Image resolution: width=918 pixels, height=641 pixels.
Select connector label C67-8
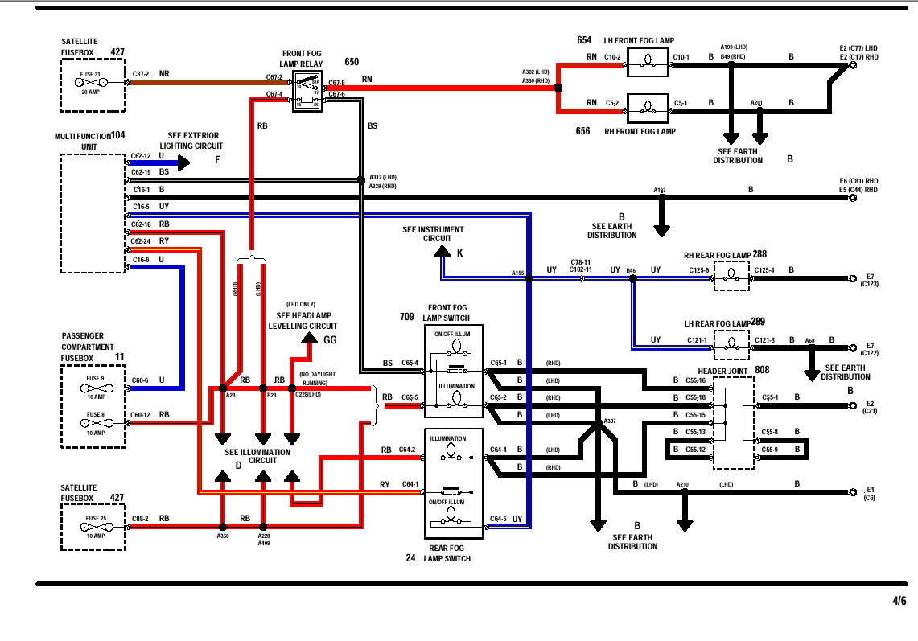point(336,83)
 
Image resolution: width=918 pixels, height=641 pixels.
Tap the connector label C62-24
point(141,240)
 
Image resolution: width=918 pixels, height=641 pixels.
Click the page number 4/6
point(899,601)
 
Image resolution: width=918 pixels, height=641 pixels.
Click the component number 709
point(407,317)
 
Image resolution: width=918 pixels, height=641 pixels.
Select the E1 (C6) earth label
point(870,493)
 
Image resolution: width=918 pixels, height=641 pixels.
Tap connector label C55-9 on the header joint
point(770,450)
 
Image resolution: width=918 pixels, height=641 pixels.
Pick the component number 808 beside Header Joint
point(762,370)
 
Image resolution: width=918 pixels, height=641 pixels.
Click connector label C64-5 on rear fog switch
point(499,519)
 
